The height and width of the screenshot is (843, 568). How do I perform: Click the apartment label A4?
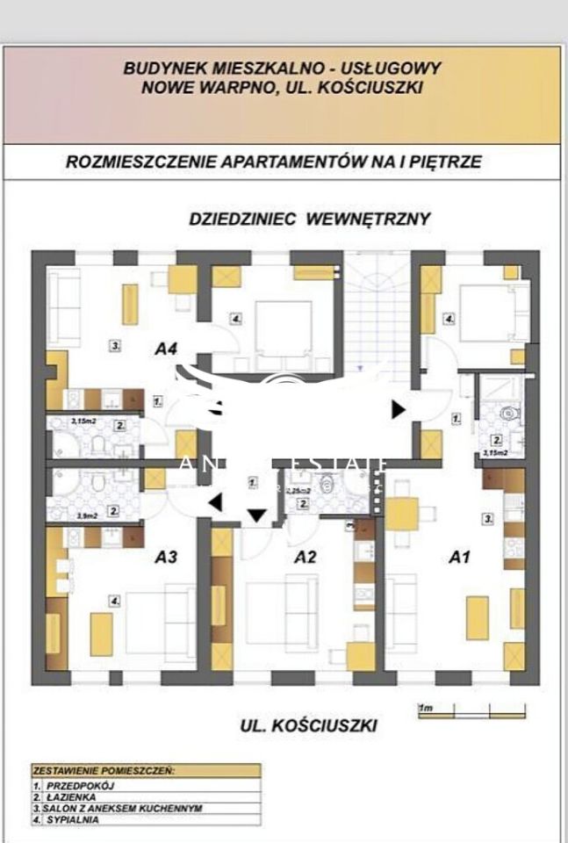(x=166, y=349)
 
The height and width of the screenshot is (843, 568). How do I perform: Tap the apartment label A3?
(x=167, y=556)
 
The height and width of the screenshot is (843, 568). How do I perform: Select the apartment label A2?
(x=305, y=556)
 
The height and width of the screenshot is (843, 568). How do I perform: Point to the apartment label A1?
(x=460, y=556)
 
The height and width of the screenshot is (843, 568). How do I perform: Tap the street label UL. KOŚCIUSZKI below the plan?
(x=308, y=725)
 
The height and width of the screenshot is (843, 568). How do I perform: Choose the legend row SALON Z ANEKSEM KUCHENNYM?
(x=106, y=807)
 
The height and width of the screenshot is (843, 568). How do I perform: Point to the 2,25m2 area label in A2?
(x=298, y=491)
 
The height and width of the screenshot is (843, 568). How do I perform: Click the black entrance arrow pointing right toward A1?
(x=399, y=408)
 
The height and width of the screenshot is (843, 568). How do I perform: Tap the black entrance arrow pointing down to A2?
(x=256, y=516)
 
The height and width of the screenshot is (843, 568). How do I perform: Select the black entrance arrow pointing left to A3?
(x=213, y=502)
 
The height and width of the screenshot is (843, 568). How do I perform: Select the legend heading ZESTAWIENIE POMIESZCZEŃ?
(x=104, y=770)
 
